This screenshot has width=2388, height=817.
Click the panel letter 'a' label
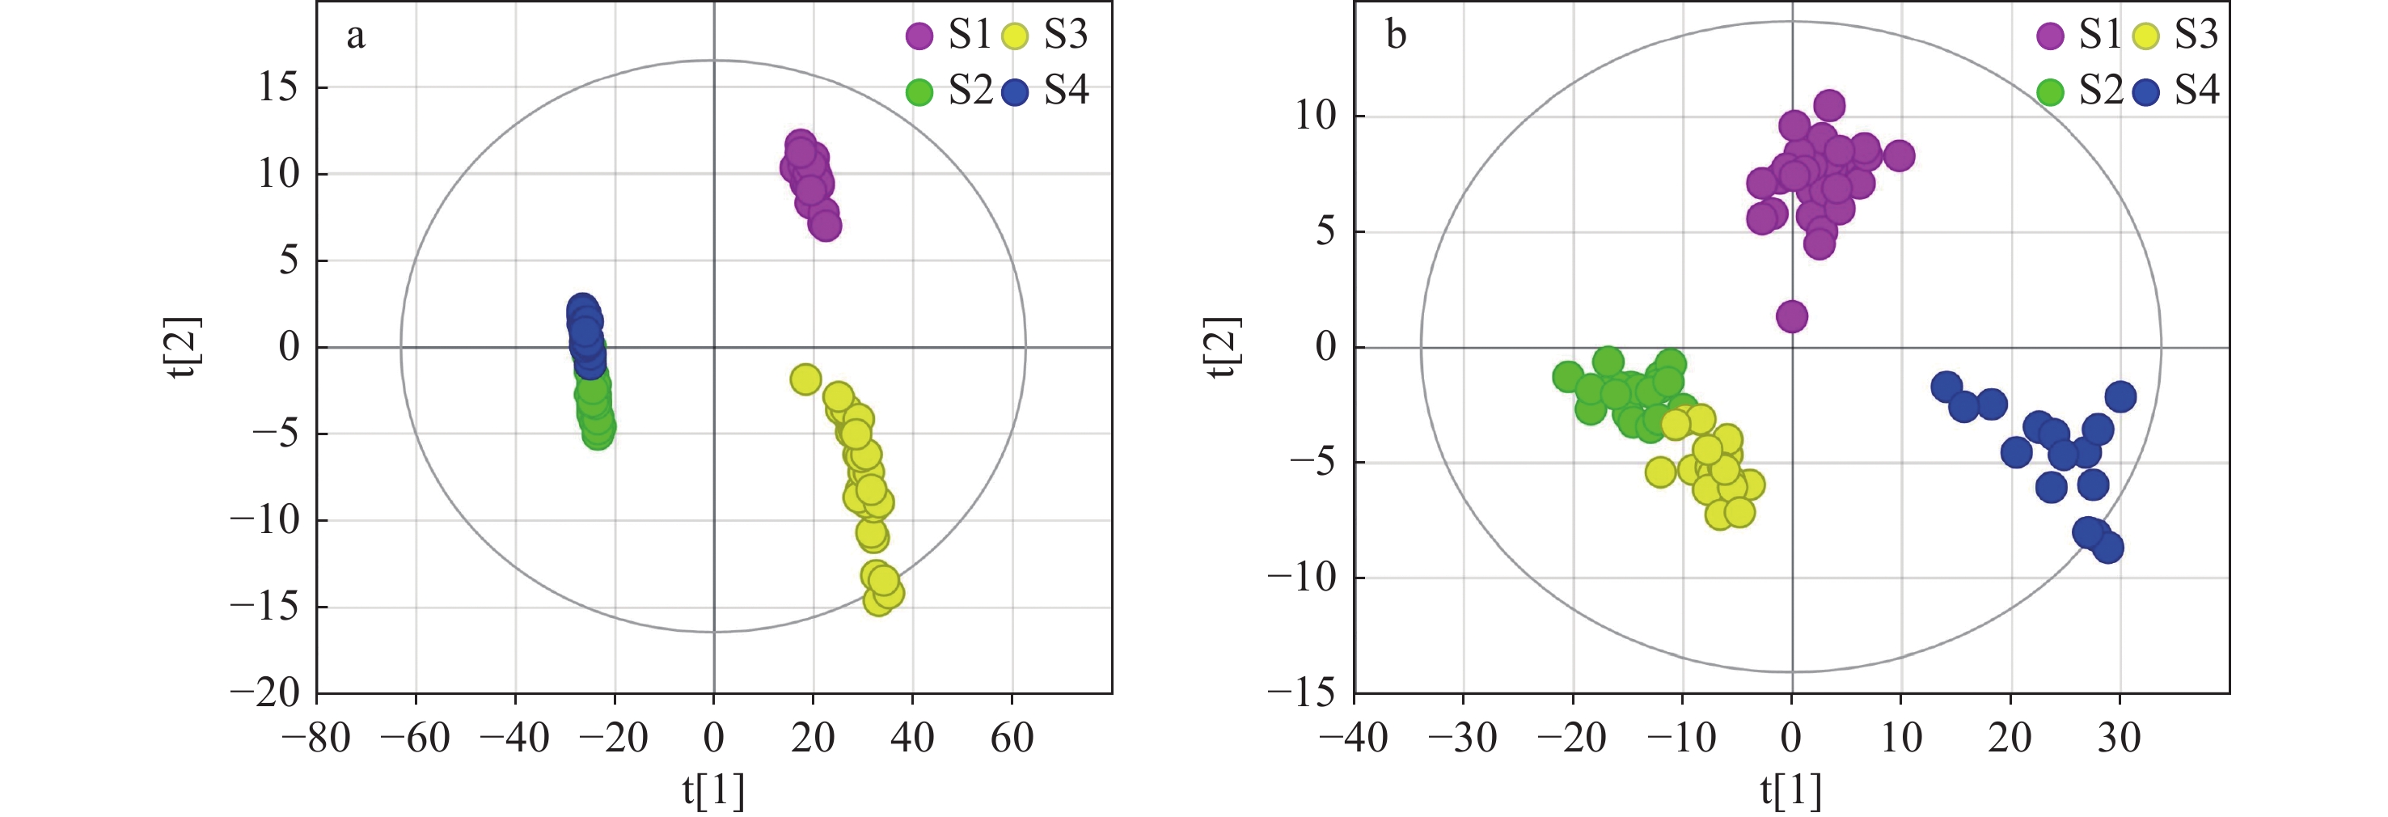tap(356, 38)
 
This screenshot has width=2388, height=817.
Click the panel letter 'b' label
tap(1395, 36)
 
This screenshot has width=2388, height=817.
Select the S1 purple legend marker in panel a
tap(919, 36)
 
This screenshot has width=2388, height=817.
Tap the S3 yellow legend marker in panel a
tap(1016, 36)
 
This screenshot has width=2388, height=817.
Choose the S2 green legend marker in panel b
tap(2051, 91)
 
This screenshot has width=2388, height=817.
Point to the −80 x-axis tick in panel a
tap(317, 739)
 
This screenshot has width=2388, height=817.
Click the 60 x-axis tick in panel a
tap(1012, 739)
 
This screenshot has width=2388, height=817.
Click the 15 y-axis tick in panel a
tap(278, 87)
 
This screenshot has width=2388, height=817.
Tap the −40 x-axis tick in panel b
tap(1355, 739)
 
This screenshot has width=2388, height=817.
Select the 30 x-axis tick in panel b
tap(2120, 739)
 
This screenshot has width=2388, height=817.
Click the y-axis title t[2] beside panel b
tap(1223, 347)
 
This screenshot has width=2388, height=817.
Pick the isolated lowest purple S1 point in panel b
tap(1792, 316)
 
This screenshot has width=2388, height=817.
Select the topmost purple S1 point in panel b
tap(1829, 105)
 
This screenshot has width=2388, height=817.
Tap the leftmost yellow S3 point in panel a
tap(805, 379)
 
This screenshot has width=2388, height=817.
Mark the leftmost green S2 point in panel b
tap(1567, 376)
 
